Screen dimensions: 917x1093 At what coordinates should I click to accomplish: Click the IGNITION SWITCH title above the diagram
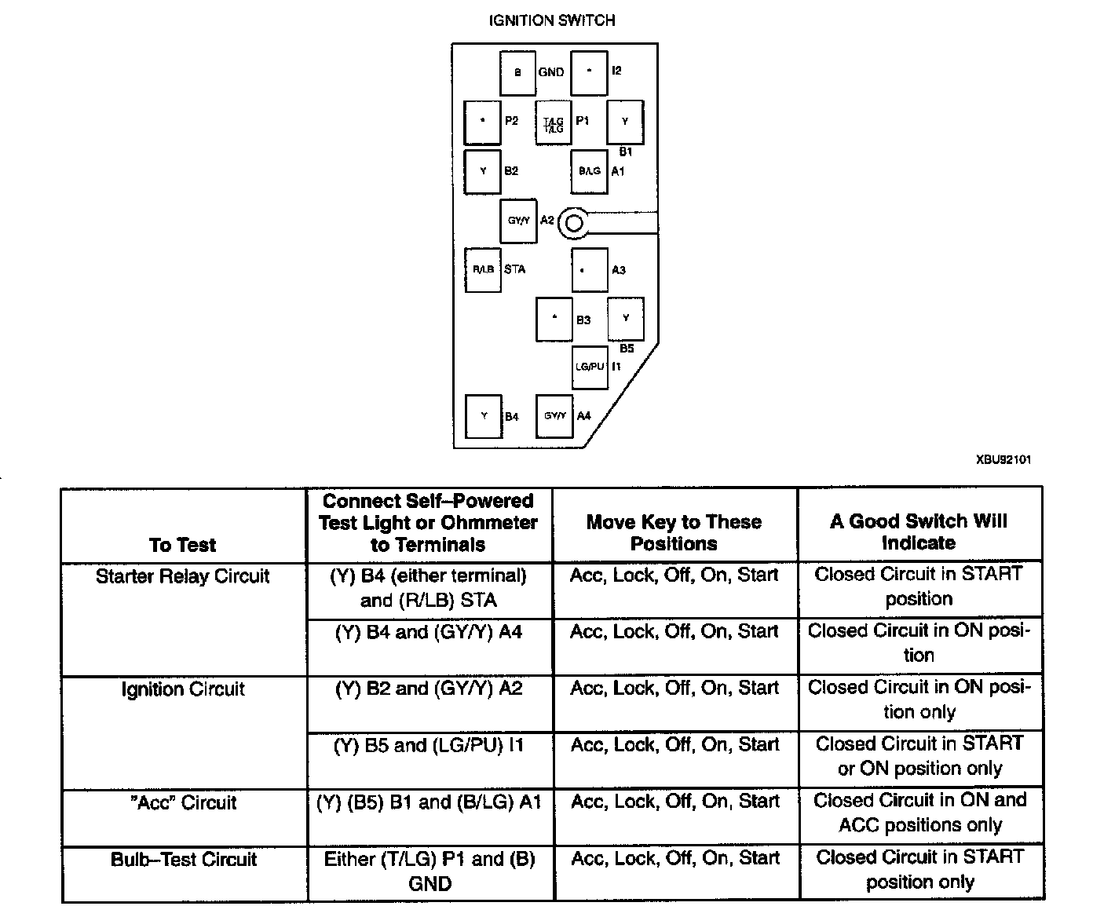tap(552, 20)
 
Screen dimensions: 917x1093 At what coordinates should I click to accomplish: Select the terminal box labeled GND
tap(517, 72)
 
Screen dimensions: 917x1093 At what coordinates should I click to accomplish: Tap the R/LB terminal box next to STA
tap(483, 269)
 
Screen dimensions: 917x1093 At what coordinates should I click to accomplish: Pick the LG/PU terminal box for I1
tap(590, 367)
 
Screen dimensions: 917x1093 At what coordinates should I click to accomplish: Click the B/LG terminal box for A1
tap(590, 171)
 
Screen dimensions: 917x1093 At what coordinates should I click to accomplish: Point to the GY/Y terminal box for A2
tap(519, 221)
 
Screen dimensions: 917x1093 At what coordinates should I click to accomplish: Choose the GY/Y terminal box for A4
tap(554, 415)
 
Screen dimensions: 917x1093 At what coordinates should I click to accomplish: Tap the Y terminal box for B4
tap(484, 416)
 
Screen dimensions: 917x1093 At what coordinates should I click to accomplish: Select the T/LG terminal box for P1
tap(554, 122)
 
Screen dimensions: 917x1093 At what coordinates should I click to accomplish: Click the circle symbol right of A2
tap(574, 224)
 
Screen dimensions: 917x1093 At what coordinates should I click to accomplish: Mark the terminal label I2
tap(616, 71)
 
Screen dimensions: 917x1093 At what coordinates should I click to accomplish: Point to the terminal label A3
tap(619, 270)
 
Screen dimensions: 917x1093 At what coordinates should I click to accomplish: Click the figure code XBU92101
tap(1003, 459)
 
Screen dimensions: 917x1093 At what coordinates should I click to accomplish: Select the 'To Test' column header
tap(183, 545)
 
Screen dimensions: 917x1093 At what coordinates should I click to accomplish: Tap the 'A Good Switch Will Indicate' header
tap(919, 532)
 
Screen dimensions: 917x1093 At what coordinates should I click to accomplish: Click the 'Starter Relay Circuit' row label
tap(183, 576)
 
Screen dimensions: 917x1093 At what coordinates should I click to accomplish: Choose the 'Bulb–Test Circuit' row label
tap(184, 859)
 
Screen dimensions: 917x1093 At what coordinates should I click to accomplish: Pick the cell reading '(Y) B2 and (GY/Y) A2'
tap(429, 689)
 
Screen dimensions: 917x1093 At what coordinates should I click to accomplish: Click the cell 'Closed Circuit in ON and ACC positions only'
tap(920, 813)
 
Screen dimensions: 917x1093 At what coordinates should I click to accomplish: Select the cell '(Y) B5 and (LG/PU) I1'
tap(429, 745)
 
